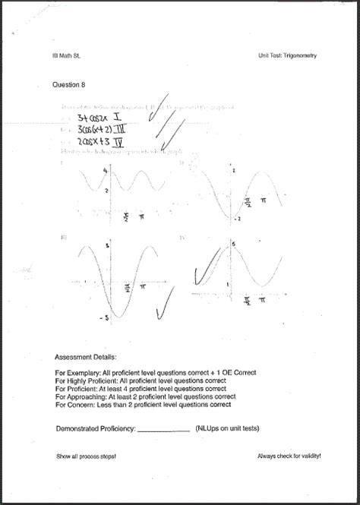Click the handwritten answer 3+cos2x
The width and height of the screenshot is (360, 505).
pos(93,118)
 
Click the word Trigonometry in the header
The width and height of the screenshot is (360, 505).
pos(301,55)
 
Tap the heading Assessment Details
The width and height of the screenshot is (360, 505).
pos(86,355)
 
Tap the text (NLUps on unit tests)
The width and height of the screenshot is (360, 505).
pos(227,429)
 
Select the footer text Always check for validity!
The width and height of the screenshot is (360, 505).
pos(289,456)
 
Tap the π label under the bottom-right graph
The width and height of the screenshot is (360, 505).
pos(262,301)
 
